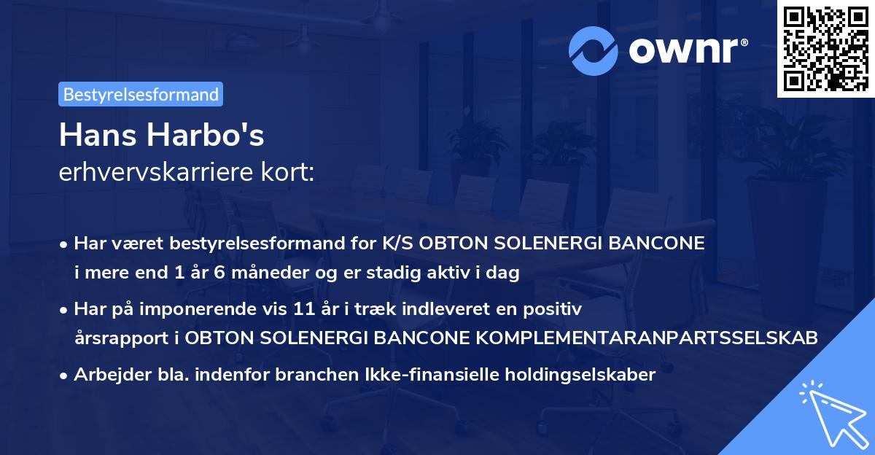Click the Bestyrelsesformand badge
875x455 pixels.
[141, 94]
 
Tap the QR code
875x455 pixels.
[825, 48]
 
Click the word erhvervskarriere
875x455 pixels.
[152, 173]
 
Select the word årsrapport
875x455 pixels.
[112, 338]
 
